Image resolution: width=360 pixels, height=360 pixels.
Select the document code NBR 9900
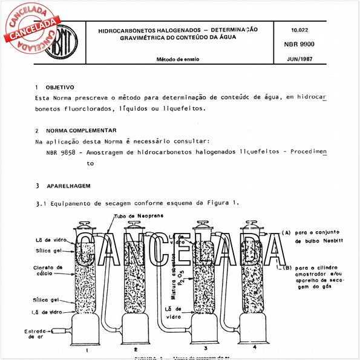point(298,44)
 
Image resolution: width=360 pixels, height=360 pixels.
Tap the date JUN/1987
point(298,59)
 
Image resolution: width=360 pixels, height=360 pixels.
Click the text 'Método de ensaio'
point(178,59)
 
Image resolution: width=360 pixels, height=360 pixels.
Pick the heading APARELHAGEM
point(71,185)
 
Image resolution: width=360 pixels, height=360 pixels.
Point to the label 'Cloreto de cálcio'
point(46,270)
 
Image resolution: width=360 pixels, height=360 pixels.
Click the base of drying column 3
point(205,329)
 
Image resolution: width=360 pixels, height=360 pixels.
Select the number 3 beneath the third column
point(205,349)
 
